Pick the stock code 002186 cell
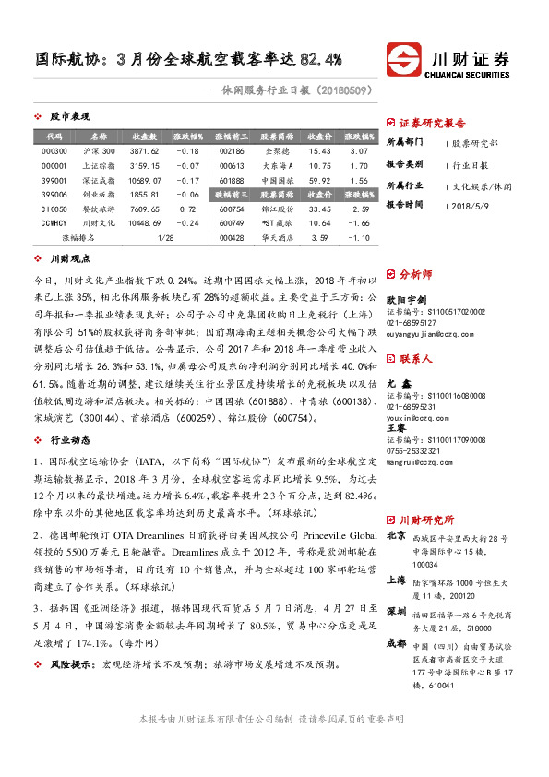pos(232,150)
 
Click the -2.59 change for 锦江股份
pos(359,210)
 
